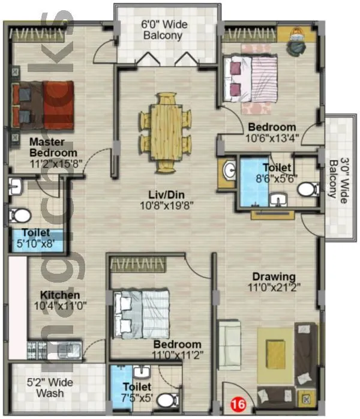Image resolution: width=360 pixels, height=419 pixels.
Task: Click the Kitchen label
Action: (x=60, y=295)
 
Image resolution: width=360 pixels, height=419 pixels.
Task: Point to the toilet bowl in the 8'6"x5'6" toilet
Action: (x=308, y=190)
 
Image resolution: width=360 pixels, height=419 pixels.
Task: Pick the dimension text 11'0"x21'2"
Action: (x=274, y=287)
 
